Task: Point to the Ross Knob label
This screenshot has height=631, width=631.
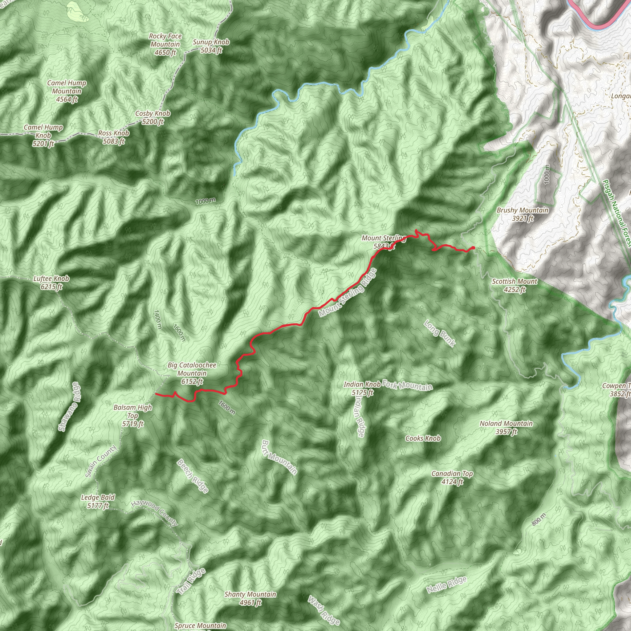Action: [x=114, y=137]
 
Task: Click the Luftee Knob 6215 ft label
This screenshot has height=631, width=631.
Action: [x=51, y=283]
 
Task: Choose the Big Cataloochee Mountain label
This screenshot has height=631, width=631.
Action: [x=192, y=373]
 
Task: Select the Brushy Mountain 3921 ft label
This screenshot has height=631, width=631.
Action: [x=522, y=214]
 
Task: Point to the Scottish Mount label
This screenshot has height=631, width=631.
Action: [x=515, y=285]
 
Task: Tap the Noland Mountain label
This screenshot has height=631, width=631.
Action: [x=506, y=428]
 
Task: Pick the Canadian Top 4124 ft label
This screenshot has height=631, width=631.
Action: [x=452, y=478]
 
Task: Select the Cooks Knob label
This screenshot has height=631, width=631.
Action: [x=423, y=438]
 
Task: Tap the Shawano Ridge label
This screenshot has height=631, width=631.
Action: [x=69, y=407]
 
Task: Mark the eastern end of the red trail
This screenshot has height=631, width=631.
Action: [x=474, y=248]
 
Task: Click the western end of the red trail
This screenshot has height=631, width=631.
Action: [x=156, y=394]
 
